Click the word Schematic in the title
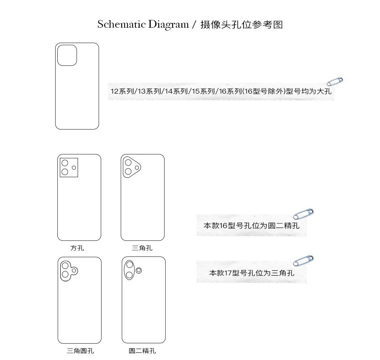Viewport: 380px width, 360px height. pos(121,25)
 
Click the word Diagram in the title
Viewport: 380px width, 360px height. pos(168,25)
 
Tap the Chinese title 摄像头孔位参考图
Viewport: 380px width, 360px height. pos(241,25)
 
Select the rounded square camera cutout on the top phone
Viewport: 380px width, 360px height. pos(67,55)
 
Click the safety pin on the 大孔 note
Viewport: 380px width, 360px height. pos(335,81)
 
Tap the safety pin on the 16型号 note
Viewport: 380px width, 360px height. pos(303,214)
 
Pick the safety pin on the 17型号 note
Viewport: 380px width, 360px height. pos(303,260)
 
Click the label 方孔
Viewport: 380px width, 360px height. pos(77,248)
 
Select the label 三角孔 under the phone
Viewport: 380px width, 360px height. pos(142,248)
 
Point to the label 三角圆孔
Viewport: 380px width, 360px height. pos(80,351)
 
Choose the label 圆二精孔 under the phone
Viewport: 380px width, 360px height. pos(142,351)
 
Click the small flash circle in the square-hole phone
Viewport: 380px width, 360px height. pos(74,168)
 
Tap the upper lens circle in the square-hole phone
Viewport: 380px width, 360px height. pos(65,163)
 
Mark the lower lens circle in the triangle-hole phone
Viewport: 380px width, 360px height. pos(128,171)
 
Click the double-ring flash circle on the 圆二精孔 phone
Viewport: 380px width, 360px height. pos(139,270)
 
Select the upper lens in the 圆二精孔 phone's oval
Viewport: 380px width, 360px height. pos(130,265)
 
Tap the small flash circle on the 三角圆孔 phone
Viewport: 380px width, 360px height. pos(74,270)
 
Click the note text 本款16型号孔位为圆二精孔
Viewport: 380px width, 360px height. pos(251,226)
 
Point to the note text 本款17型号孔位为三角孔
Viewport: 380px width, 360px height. pos(251,273)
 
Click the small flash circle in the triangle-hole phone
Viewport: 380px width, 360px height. pos(137,167)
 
